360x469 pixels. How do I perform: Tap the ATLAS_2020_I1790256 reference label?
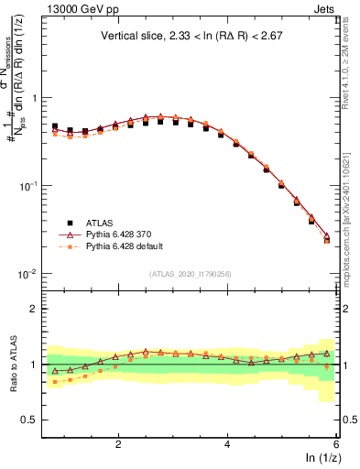click(190, 274)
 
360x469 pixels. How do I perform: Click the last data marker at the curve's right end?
click(327, 240)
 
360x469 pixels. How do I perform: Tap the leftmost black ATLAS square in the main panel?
click(55, 126)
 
